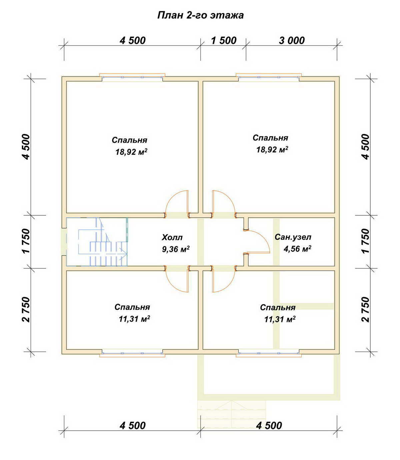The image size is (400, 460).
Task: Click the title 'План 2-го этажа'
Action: point(200,15)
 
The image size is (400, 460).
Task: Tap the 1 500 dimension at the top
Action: point(224,41)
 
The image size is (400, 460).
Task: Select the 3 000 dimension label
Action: point(292,41)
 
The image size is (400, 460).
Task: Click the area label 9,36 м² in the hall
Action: point(176,249)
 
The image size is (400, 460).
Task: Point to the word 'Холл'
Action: point(172,237)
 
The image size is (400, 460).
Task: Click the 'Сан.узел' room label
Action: point(293,237)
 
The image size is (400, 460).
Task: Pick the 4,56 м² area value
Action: point(297,249)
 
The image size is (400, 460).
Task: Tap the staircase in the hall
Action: point(97,242)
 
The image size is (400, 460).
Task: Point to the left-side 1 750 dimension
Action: point(26,241)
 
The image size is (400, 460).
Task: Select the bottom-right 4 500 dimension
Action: point(269,426)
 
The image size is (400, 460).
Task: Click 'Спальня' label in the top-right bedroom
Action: point(270,138)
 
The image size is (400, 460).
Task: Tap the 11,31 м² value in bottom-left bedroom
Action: point(134,319)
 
